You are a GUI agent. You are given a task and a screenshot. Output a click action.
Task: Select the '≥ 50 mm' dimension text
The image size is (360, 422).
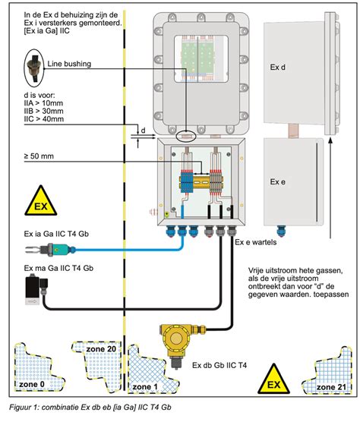(x=39, y=156)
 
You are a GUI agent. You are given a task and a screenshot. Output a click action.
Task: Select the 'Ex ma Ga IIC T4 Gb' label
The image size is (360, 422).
(x=60, y=268)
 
